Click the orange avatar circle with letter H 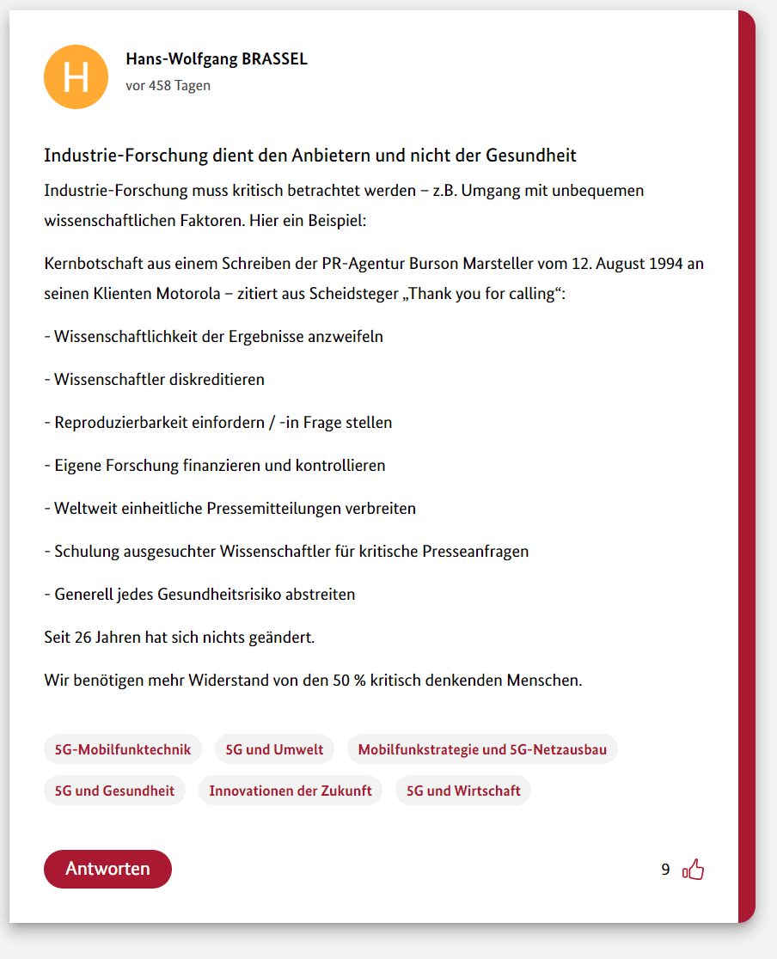[76, 76]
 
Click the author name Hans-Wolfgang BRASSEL [216, 59]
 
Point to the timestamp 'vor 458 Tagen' [168, 85]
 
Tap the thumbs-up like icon [693, 870]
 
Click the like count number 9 [665, 870]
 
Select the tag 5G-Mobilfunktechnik [123, 749]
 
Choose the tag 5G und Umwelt [274, 749]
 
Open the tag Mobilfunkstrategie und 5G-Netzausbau [482, 749]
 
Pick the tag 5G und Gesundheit [114, 791]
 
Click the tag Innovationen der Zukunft [291, 791]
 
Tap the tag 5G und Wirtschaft [463, 791]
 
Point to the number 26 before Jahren [83, 638]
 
